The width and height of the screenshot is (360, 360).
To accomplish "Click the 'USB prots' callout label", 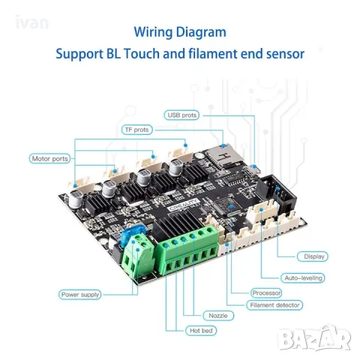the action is click(x=181, y=115).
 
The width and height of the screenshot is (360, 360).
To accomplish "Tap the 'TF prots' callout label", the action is click(x=137, y=130).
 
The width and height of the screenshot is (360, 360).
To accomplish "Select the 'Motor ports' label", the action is click(x=49, y=159).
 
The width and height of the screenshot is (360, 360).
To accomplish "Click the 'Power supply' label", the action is click(x=80, y=295).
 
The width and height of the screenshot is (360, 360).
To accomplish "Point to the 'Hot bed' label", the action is click(x=201, y=331).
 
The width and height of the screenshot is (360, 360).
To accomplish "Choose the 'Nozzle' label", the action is click(x=218, y=316).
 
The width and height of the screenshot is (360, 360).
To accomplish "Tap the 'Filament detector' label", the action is click(x=274, y=305).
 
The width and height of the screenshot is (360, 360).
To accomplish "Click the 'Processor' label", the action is click(x=266, y=292).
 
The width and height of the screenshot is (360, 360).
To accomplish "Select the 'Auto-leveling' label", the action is click(x=303, y=278).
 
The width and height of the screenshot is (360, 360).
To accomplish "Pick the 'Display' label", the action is click(x=313, y=256).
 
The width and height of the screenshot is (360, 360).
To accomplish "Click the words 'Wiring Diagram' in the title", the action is click(x=180, y=32).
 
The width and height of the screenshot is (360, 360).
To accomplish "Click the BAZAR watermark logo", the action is click(x=314, y=338).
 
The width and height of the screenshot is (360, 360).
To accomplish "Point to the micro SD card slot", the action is click(x=223, y=155).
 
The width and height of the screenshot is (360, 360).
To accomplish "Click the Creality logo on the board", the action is click(x=184, y=205).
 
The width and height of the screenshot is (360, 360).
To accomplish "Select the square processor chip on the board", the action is click(x=226, y=206).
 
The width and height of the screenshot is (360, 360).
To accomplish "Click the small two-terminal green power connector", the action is click(x=138, y=255).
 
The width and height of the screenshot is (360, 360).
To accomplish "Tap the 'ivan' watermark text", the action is click(x=31, y=22).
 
